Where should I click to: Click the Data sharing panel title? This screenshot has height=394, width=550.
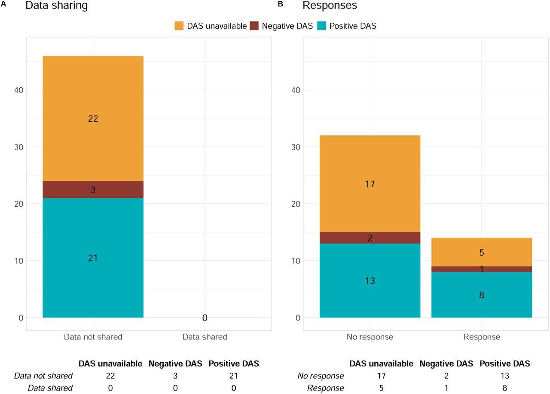[x=56, y=6]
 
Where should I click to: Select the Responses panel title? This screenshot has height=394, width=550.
[x=330, y=6]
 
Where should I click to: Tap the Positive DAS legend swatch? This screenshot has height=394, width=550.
[x=322, y=26]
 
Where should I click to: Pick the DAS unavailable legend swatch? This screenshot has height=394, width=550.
[x=179, y=26]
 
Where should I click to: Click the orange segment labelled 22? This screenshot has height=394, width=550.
[x=93, y=118]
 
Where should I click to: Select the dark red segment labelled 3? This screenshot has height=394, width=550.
[x=93, y=189]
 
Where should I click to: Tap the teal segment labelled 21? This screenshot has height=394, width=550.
[x=93, y=258]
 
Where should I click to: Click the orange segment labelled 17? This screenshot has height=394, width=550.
[x=370, y=184]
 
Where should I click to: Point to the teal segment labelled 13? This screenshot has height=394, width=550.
[x=370, y=281]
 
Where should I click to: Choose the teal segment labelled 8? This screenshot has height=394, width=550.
[x=482, y=295]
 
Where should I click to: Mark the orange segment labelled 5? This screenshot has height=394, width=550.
[x=482, y=252]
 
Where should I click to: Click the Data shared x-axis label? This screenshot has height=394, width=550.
[x=205, y=337]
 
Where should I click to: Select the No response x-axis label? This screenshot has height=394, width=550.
[x=370, y=337]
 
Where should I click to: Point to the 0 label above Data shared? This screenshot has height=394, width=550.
[x=205, y=318]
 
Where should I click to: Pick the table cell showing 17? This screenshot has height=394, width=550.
[x=381, y=376]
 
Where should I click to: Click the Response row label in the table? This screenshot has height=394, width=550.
[x=325, y=388]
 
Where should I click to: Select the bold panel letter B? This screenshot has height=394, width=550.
[x=281, y=4]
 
